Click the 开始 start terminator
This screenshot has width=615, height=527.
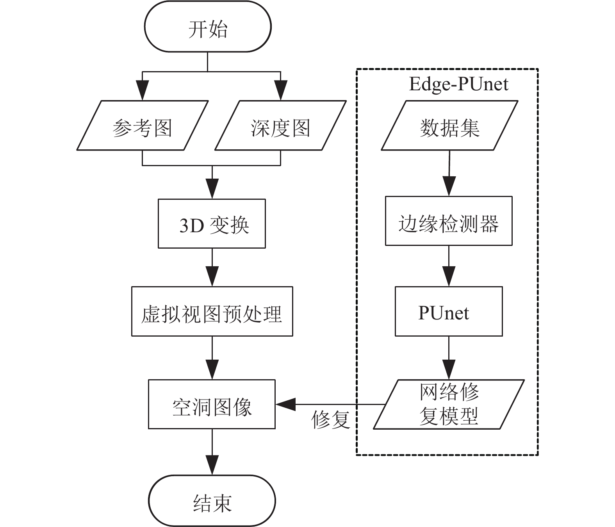pos(208,27)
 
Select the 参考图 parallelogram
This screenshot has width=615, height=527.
pos(142,125)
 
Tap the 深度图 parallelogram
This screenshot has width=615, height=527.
pos(281,125)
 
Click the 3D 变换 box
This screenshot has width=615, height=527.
pos(212,224)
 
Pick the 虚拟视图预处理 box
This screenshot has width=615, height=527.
pos(212,311)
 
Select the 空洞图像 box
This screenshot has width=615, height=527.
pos(212,404)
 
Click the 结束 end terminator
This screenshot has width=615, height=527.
pos(212,500)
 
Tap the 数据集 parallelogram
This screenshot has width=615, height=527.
pos(449,125)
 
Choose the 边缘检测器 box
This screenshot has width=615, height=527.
pos(449,221)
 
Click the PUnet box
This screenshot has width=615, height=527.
pos(449,311)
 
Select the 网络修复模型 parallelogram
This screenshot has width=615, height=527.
pos(449,404)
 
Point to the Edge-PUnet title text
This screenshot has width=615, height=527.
pos(458,84)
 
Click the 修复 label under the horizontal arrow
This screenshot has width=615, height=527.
pos(331,419)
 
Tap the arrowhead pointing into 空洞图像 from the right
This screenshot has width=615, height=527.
pos(285,404)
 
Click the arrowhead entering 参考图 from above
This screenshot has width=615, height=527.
pos(142,90)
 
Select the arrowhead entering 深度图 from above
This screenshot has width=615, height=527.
pos(281,90)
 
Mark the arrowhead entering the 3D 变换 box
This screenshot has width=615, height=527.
pos(212,188)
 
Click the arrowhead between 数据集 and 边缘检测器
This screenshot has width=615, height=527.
pos(449,186)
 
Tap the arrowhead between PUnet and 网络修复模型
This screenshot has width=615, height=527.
pos(449,369)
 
